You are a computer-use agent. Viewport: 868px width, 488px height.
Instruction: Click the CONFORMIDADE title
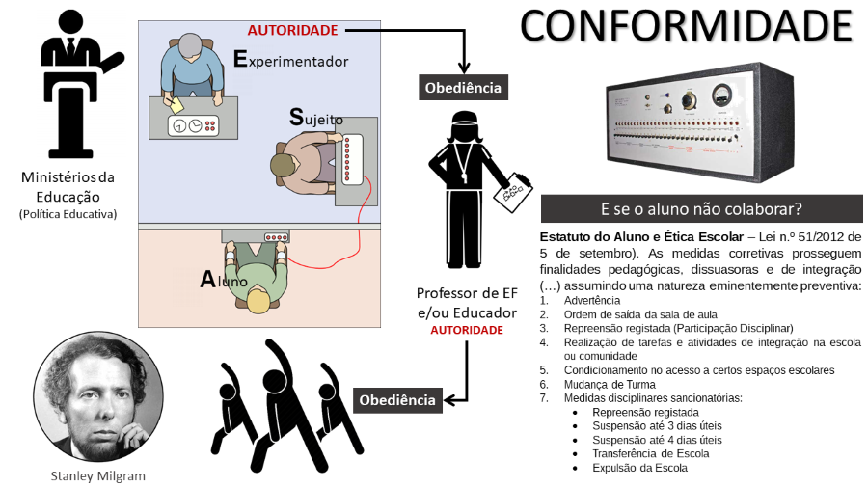point(687,26)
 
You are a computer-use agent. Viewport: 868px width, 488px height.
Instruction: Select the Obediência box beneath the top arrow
point(464,87)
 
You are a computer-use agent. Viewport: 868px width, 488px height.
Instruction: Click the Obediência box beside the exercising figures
point(397,399)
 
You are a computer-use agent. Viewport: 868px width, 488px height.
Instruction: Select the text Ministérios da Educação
point(68,186)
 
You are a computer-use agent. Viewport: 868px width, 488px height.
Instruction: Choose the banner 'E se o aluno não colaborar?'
point(701,209)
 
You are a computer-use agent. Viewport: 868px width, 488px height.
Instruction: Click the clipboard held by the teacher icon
point(512,194)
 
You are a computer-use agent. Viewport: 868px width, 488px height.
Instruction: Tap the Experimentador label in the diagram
point(290,60)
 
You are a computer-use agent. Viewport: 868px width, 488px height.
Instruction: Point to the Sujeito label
point(315,118)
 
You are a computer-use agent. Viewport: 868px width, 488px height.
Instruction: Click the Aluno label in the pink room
point(224,280)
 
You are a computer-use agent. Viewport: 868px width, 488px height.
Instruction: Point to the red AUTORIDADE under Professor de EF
point(467,330)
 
